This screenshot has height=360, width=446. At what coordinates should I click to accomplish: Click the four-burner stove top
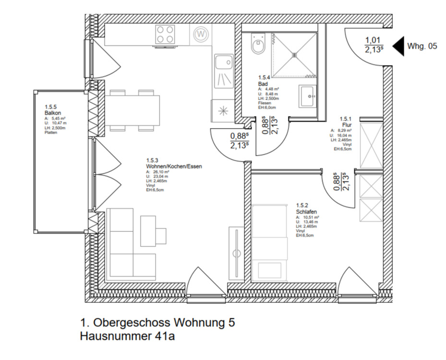click(165, 36)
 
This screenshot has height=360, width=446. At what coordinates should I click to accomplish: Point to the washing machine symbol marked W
click(201, 35)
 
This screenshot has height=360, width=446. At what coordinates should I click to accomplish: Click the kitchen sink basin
click(223, 63)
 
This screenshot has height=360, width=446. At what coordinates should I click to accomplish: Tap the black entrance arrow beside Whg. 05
click(398, 47)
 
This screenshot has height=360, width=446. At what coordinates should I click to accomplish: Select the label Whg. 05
click(422, 47)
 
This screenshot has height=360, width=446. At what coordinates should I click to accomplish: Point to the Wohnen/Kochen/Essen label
click(174, 167)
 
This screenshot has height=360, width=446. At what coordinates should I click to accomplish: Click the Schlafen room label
click(306, 211)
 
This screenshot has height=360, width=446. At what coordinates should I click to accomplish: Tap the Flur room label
click(347, 124)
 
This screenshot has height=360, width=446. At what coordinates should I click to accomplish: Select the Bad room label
click(263, 84)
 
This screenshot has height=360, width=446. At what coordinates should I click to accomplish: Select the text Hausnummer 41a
click(127, 336)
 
